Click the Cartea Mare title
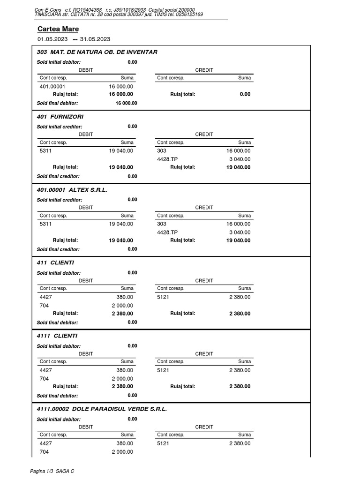tap(58, 29)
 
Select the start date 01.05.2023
tap(52, 39)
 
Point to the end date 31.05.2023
tap(95, 39)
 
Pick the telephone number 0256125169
tap(187, 15)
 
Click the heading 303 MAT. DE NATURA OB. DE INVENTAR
tap(97, 52)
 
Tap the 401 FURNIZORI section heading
tap(60, 116)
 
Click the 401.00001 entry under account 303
tap(52, 87)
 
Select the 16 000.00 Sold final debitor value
tap(126, 103)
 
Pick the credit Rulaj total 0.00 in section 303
tap(245, 94)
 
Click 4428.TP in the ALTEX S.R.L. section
tap(167, 232)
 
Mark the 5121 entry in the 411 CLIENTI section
tap(163, 297)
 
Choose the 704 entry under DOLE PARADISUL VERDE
tap(44, 452)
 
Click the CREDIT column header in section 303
tap(204, 70)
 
